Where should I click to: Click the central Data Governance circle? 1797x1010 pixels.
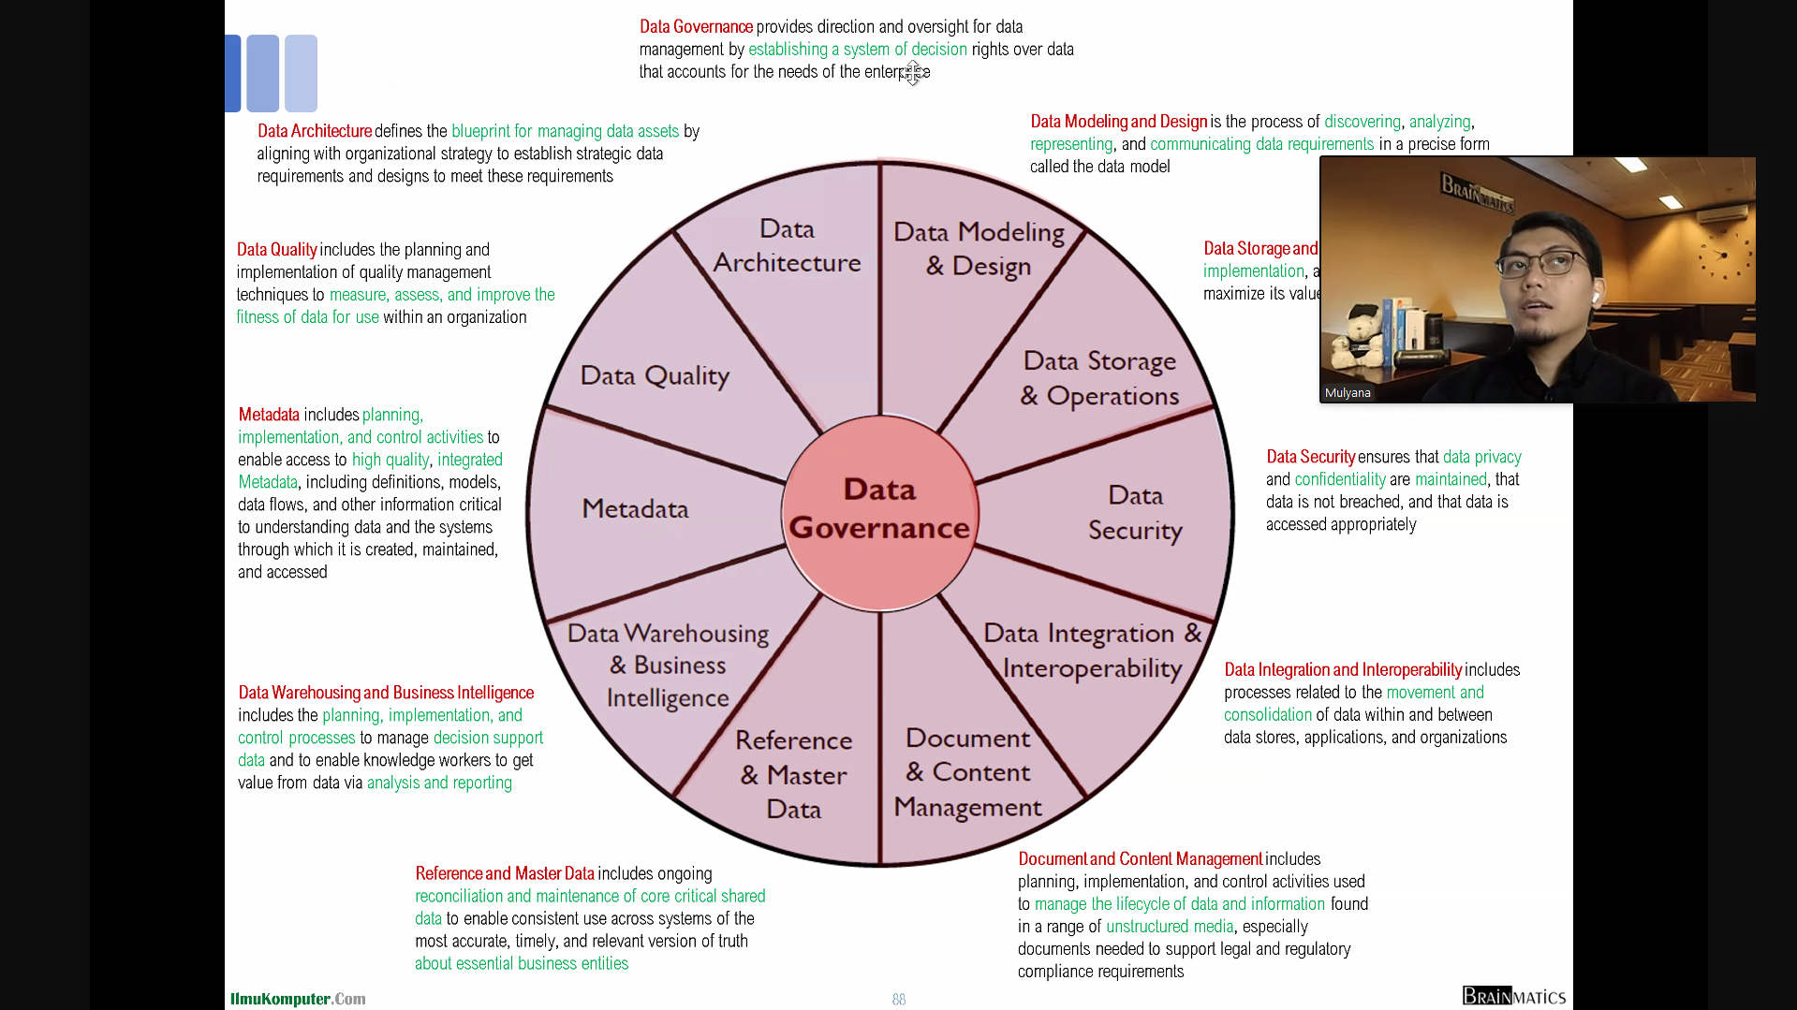click(880, 510)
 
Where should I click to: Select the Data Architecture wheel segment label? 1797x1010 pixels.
click(787, 246)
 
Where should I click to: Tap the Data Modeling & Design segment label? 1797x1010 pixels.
click(979, 249)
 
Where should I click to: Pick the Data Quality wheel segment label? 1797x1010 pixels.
click(655, 376)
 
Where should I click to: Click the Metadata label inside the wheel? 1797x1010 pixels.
click(635, 509)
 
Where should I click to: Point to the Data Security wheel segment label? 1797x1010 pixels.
click(1135, 513)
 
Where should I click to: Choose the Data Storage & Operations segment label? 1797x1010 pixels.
click(1099, 378)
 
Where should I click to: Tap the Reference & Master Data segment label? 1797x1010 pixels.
click(794, 775)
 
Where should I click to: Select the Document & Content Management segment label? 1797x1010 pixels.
click(967, 773)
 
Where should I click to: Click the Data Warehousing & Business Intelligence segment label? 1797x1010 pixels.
click(668, 666)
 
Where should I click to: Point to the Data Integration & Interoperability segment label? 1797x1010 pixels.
click(1092, 651)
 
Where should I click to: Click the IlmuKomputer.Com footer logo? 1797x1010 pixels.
click(298, 999)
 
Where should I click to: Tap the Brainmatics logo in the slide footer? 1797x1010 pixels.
click(1513, 996)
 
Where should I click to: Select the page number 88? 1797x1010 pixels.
click(899, 1000)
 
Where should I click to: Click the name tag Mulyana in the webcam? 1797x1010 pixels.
click(1348, 393)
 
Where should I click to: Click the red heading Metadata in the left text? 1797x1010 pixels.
click(269, 415)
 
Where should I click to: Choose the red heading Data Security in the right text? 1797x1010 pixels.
click(1310, 457)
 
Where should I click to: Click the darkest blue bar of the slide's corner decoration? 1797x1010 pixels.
click(232, 73)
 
